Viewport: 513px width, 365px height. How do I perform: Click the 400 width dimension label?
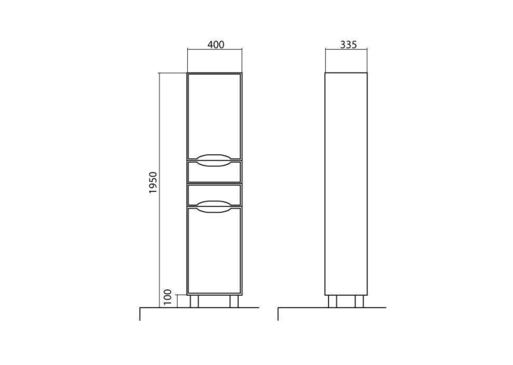click(216, 44)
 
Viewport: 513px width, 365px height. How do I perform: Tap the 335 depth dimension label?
click(348, 45)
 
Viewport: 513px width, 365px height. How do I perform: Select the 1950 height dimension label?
click(153, 183)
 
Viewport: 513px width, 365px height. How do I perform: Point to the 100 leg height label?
click(167, 297)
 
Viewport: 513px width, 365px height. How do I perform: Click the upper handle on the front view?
click(215, 160)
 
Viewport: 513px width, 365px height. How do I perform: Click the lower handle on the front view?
click(215, 206)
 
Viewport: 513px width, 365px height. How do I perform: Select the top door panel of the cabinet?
click(215, 117)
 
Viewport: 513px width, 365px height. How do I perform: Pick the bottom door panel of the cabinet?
click(215, 250)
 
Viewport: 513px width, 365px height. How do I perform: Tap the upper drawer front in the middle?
click(215, 172)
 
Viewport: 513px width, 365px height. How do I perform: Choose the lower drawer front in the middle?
click(215, 195)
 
